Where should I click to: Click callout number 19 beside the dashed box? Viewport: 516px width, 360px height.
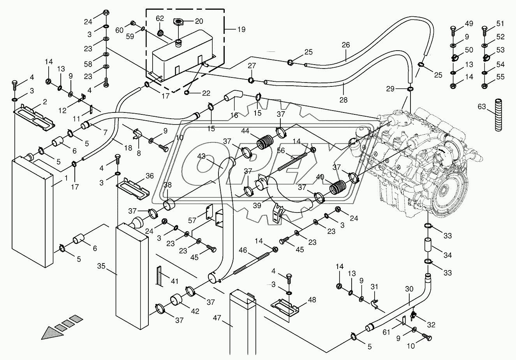pyautogui.click(x=241, y=30)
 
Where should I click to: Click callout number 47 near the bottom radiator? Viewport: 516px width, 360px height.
pyautogui.click(x=217, y=318)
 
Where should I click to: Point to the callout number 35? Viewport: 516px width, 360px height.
pyautogui.click(x=101, y=266)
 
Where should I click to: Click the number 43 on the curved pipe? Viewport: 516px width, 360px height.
pyautogui.click(x=201, y=156)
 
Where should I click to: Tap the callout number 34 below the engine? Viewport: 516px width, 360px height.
pyautogui.click(x=447, y=255)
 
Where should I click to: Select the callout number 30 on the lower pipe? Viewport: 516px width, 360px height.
pyautogui.click(x=409, y=290)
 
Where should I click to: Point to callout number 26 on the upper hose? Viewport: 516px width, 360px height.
pyautogui.click(x=346, y=45)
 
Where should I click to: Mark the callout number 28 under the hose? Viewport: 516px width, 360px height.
pyautogui.click(x=343, y=100)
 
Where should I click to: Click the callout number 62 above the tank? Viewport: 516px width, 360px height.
pyautogui.click(x=160, y=18)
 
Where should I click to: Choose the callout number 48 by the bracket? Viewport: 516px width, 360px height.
pyautogui.click(x=312, y=300)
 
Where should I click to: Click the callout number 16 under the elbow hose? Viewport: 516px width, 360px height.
pyautogui.click(x=234, y=115)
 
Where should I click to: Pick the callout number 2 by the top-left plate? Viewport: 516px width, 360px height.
pyautogui.click(x=45, y=102)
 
